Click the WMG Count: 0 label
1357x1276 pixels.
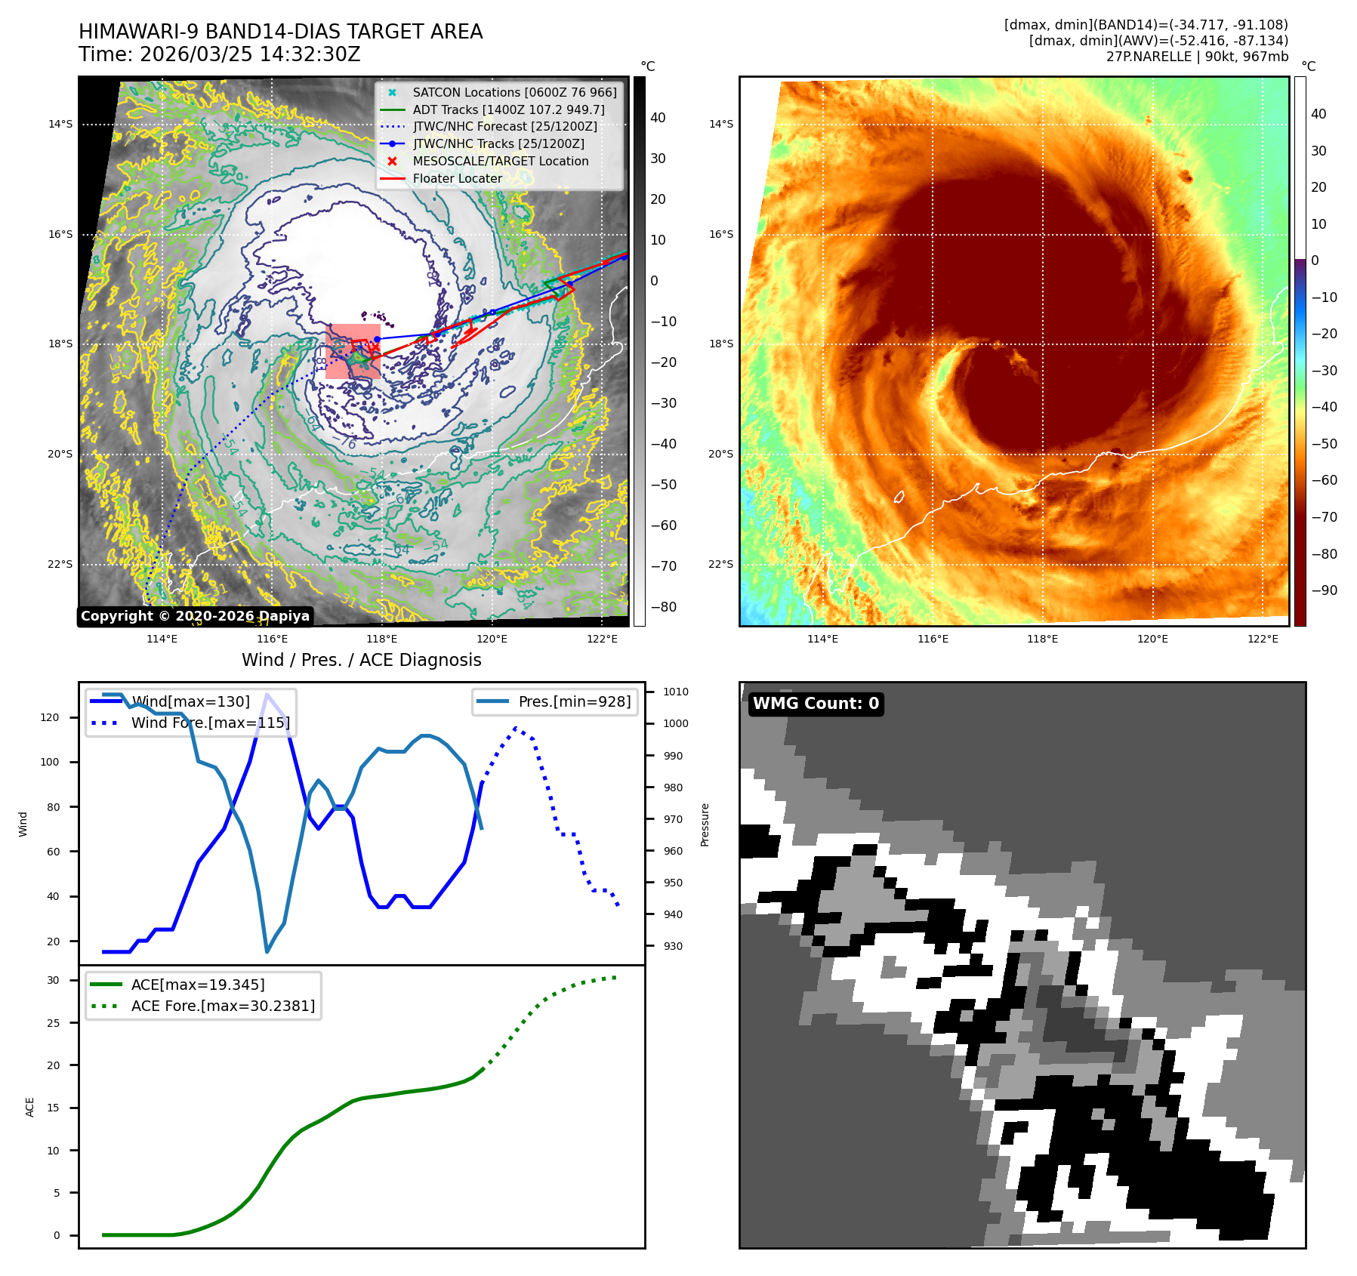(816, 704)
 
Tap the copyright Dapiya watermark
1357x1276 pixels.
(195, 616)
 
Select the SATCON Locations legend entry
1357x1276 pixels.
(514, 92)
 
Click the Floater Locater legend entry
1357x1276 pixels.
(457, 178)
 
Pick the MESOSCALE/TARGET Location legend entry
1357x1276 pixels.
(500, 161)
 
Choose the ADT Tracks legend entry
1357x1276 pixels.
(508, 109)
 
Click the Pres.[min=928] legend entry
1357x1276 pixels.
(574, 701)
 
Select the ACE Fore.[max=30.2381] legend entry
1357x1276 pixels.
(223, 1006)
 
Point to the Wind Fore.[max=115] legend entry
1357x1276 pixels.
(210, 723)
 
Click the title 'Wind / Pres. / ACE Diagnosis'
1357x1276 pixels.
(361, 660)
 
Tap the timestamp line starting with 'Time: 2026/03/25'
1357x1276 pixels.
(220, 54)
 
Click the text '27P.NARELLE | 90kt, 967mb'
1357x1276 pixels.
(1197, 57)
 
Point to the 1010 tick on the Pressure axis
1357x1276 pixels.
(676, 692)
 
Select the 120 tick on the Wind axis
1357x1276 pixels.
(50, 717)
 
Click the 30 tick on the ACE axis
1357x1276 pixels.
(53, 980)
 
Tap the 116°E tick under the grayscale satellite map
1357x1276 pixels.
(272, 639)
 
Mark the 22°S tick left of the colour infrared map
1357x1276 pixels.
(720, 564)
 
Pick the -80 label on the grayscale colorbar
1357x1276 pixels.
(664, 607)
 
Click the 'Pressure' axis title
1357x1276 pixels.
(705, 824)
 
